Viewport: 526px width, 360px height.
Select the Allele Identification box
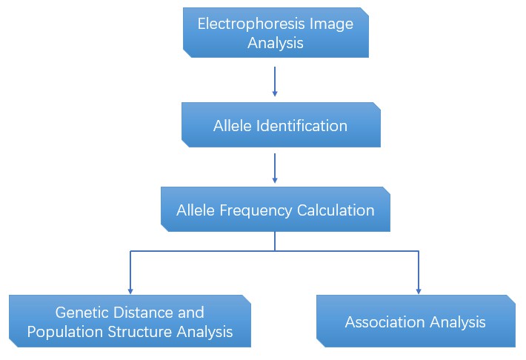(280, 125)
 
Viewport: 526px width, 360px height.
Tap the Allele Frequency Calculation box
(275, 210)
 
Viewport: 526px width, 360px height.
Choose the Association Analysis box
(415, 321)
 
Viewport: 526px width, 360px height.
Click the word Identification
(302, 126)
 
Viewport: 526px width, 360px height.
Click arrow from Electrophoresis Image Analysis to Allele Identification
(275, 81)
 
